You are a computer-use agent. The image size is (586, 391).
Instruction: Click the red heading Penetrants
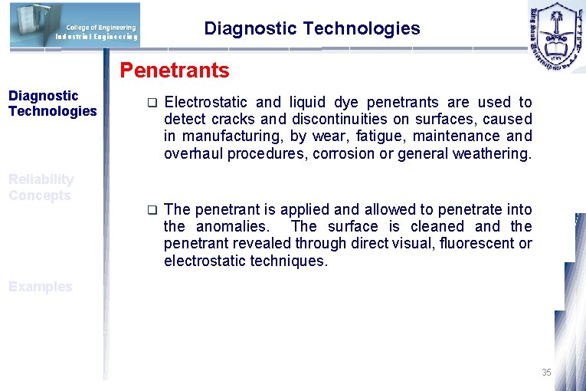(x=174, y=71)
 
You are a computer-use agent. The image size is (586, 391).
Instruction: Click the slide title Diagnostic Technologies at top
(x=312, y=29)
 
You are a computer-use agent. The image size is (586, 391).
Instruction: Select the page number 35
(x=546, y=373)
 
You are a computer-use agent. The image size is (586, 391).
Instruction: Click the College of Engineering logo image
(x=75, y=25)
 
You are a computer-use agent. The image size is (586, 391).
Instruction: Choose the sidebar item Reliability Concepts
(x=41, y=187)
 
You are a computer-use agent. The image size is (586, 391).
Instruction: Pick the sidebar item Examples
(x=41, y=287)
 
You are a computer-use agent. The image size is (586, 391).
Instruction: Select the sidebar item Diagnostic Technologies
(x=52, y=103)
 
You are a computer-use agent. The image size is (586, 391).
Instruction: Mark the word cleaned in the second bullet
(x=437, y=227)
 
